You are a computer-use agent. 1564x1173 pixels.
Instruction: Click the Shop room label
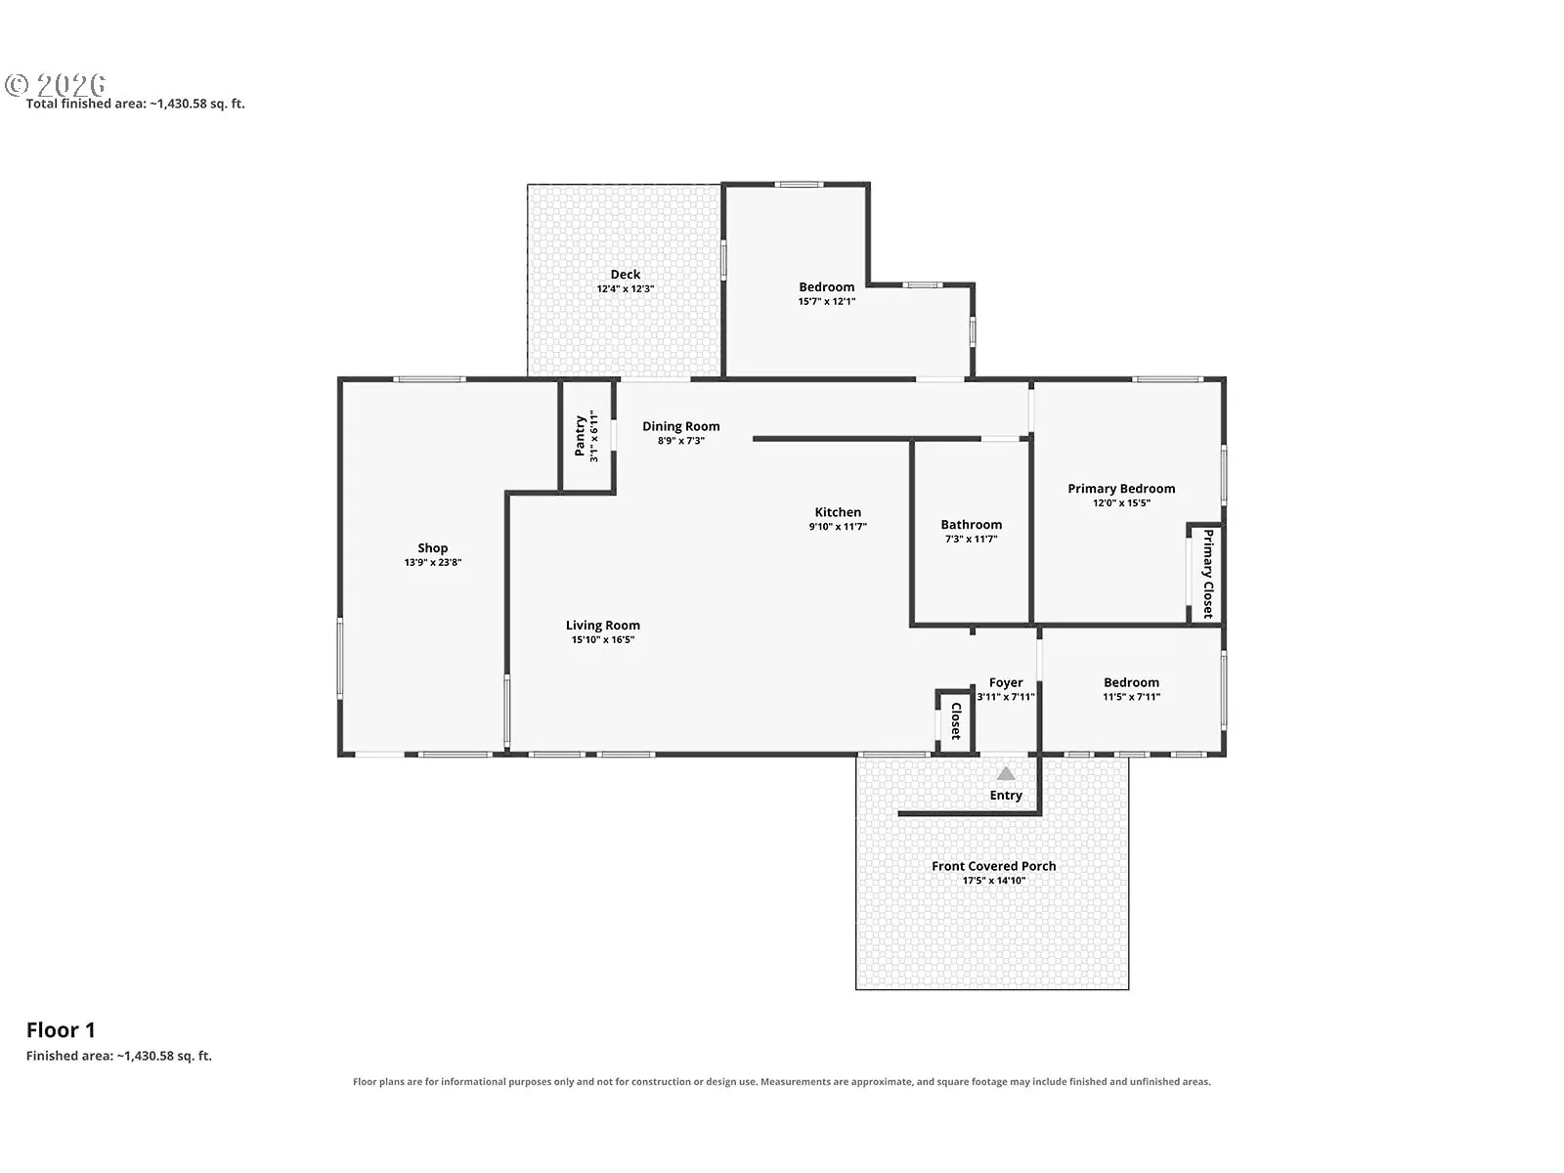click(x=432, y=547)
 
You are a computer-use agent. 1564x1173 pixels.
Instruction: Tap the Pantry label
click(x=580, y=436)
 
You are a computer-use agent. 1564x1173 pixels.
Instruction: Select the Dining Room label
click(x=681, y=426)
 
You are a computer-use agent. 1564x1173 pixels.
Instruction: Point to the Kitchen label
click(x=838, y=512)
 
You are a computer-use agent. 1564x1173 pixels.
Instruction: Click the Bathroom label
click(x=972, y=525)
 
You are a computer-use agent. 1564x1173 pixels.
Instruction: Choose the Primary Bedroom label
click(x=1121, y=489)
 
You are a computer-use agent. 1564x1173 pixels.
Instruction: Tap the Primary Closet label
click(x=1208, y=574)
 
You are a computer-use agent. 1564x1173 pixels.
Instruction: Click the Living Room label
click(x=603, y=626)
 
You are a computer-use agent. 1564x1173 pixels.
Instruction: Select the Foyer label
click(x=1006, y=682)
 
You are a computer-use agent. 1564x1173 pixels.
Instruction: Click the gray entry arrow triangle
click(x=1006, y=773)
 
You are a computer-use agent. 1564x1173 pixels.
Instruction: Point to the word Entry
click(x=1006, y=796)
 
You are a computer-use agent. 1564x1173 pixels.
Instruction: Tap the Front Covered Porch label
click(x=994, y=866)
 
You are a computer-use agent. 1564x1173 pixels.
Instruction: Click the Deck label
click(x=626, y=275)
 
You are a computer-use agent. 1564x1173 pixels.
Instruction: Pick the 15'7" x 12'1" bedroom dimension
click(x=827, y=301)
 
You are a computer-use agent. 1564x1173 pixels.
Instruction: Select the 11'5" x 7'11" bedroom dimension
click(x=1132, y=697)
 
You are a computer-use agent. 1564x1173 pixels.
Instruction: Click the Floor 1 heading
click(x=61, y=1030)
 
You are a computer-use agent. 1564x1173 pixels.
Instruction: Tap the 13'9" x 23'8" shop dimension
click(x=432, y=563)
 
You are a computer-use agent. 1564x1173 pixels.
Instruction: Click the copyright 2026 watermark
click(x=56, y=85)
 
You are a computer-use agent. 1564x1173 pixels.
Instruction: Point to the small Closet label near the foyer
click(x=956, y=720)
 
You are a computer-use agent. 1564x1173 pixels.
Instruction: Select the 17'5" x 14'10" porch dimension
click(x=994, y=881)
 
